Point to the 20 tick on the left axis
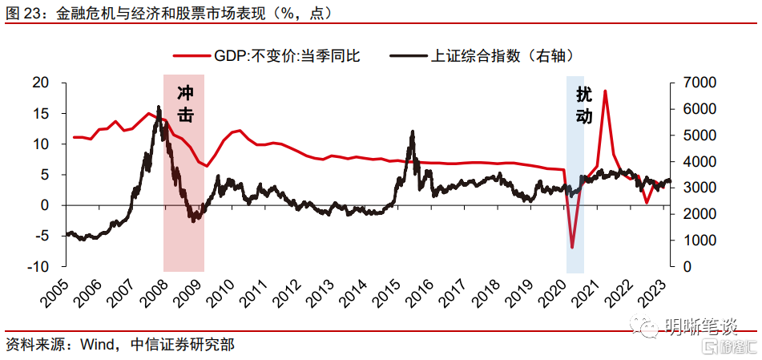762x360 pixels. point(40,83)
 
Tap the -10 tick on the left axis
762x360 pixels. point(37,266)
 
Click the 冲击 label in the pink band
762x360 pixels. point(184,104)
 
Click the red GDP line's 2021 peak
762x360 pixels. point(605,91)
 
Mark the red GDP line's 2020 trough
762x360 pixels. point(572,248)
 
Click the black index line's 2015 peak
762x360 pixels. point(412,131)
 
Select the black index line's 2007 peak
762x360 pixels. point(159,107)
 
